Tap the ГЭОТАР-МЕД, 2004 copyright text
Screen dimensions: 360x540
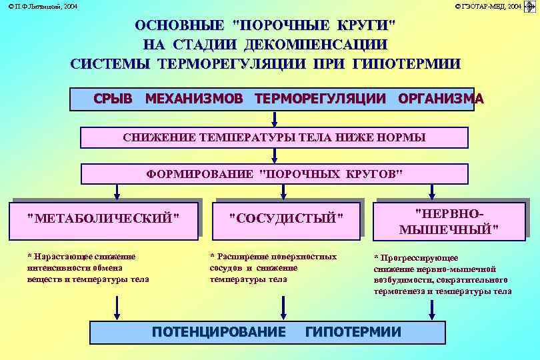(x=489, y=6)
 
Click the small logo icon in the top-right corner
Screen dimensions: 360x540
(x=531, y=6)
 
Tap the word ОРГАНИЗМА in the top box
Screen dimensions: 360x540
(x=441, y=99)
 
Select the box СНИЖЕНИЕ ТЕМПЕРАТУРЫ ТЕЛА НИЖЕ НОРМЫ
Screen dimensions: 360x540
(x=274, y=137)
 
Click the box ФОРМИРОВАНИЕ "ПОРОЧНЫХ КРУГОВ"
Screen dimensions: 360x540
(x=274, y=175)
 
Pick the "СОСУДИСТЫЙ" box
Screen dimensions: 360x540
(x=286, y=218)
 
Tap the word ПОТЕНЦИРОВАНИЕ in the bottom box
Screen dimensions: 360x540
(x=219, y=332)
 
